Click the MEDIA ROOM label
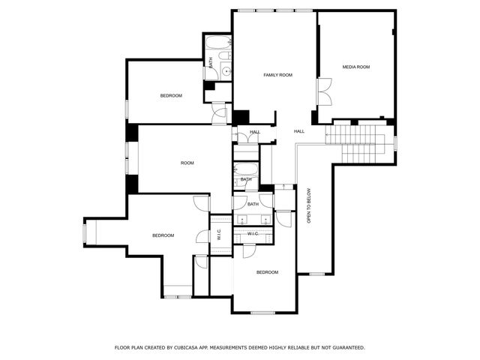356,67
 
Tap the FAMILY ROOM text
277,75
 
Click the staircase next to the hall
357,143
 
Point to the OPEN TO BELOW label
308,205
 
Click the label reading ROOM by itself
187,163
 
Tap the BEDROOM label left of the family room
171,95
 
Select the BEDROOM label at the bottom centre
267,272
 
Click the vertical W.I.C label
218,234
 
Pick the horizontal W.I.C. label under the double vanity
253,234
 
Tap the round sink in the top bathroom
224,72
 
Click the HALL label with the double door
255,132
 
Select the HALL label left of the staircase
299,132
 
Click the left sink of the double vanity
244,220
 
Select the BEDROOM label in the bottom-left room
163,235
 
